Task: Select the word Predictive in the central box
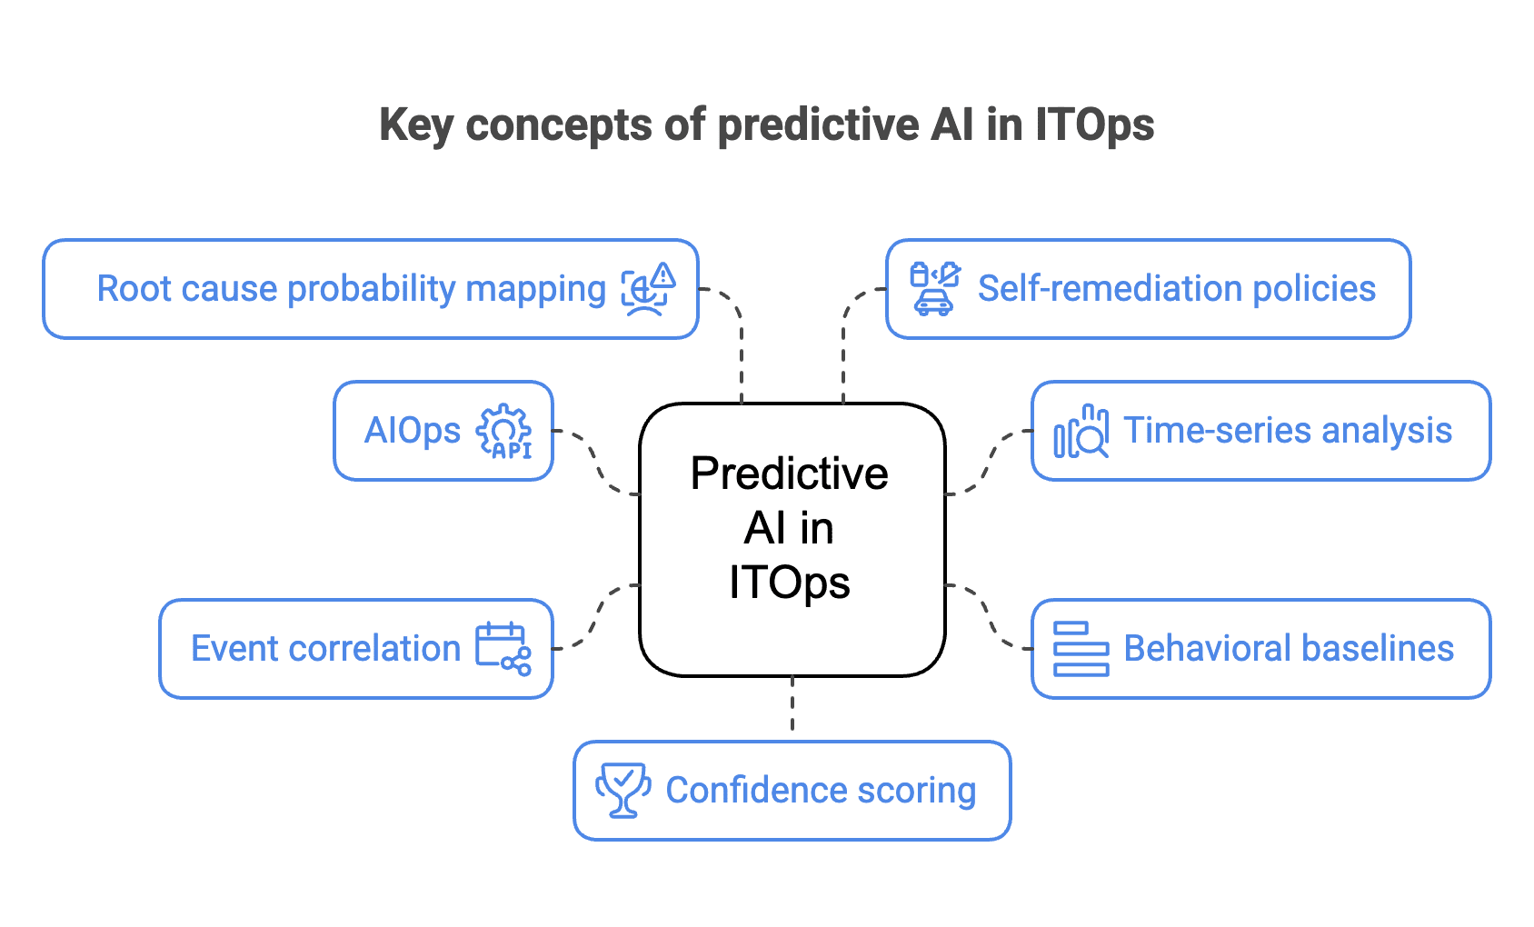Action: tap(789, 473)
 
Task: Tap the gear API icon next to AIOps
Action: tap(504, 431)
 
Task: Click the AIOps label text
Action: tap(412, 431)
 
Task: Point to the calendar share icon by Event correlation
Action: tap(503, 648)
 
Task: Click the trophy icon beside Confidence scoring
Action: tap(623, 790)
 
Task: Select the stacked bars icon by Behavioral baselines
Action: tap(1081, 649)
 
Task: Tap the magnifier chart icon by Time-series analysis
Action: tap(1081, 431)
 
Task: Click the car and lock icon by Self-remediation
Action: tap(934, 288)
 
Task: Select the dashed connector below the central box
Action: tap(792, 704)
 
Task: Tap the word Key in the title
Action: tap(415, 125)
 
